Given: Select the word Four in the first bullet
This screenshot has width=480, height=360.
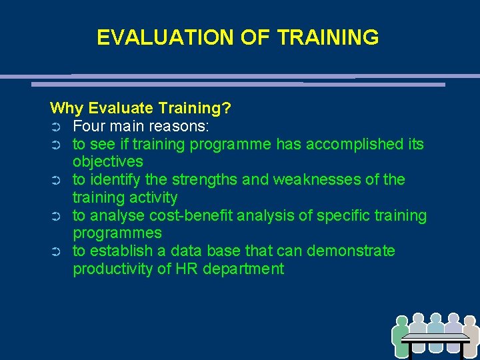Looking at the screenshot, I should point(87,126).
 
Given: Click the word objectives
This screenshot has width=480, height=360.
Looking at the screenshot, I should point(107,162).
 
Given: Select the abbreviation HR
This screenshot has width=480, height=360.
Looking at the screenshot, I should point(183,269).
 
